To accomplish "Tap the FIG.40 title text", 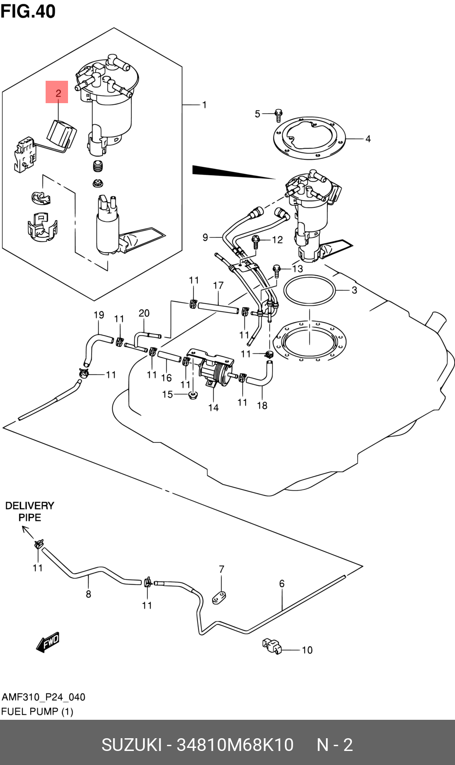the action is [x=28, y=11].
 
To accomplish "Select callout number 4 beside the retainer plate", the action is [x=368, y=139].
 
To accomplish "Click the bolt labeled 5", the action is [x=278, y=115].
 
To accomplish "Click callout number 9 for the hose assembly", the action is [x=205, y=237].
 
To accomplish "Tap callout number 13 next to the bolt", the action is [x=297, y=269].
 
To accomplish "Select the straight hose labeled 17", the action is [x=218, y=308].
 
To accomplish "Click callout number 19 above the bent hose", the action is [x=99, y=315].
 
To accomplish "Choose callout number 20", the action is [x=144, y=313].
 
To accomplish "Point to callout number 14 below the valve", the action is [x=213, y=408].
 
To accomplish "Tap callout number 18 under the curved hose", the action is [x=262, y=406].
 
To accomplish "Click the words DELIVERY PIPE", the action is [x=30, y=511].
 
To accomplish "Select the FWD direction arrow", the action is [x=47, y=642].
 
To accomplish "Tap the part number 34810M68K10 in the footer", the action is [x=235, y=745].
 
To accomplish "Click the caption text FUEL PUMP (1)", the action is [x=37, y=711].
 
